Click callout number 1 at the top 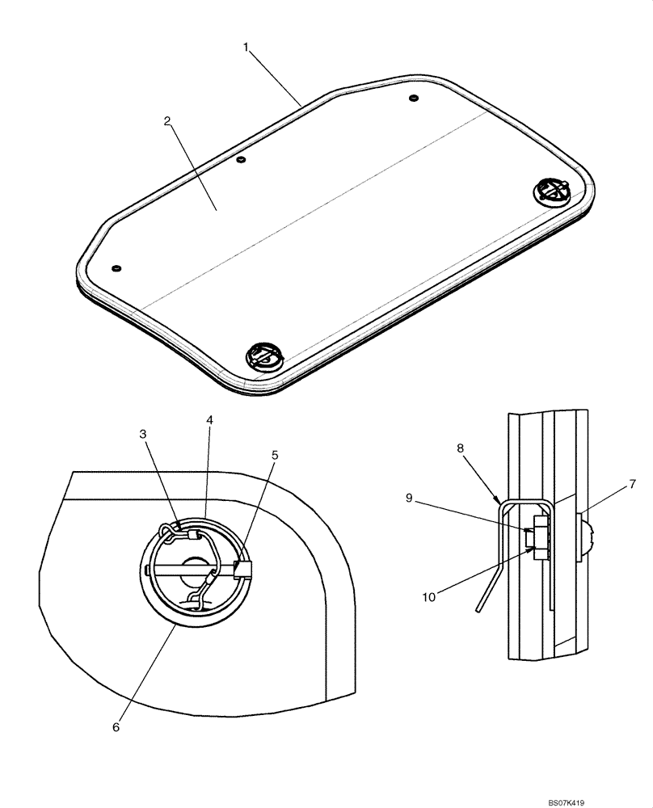246,47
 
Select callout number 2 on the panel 166,121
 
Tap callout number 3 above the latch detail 143,435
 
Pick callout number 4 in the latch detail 209,421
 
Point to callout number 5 275,456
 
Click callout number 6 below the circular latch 116,727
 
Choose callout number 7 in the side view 633,484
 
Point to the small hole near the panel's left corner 116,267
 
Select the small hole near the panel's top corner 414,99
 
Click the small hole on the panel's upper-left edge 240,160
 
